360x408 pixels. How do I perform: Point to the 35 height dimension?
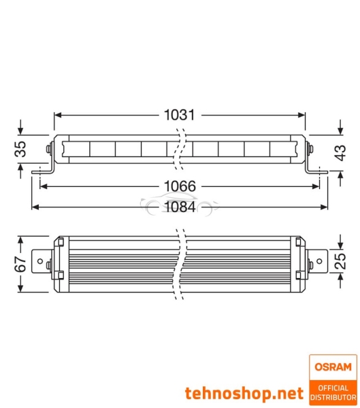click(22, 149)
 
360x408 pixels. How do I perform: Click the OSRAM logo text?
click(333, 367)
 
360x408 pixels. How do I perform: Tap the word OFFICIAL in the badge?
click(333, 388)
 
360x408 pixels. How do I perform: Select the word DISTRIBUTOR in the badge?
click(333, 397)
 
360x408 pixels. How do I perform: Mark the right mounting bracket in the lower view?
click(315, 262)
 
